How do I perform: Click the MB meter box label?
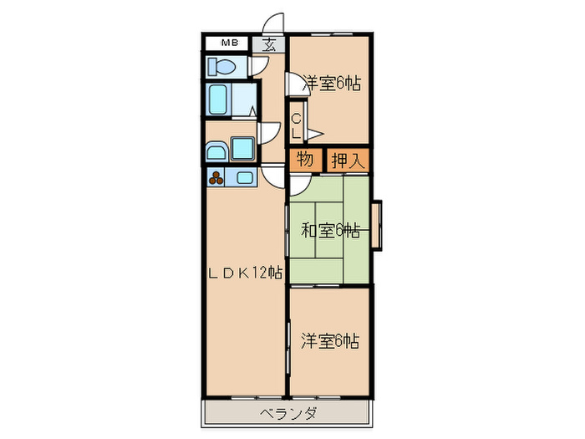(x=228, y=43)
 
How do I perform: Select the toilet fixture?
(x=221, y=66)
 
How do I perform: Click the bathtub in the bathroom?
(x=220, y=99)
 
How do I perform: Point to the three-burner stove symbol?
(x=217, y=176)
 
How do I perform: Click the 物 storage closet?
(x=305, y=160)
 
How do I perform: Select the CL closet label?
(x=296, y=126)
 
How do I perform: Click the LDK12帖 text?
(x=247, y=273)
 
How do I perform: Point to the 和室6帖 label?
(x=330, y=230)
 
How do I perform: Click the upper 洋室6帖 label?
(x=332, y=83)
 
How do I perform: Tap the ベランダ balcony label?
(x=287, y=413)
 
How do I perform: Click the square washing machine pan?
(x=243, y=150)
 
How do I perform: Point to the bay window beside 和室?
(x=377, y=224)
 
